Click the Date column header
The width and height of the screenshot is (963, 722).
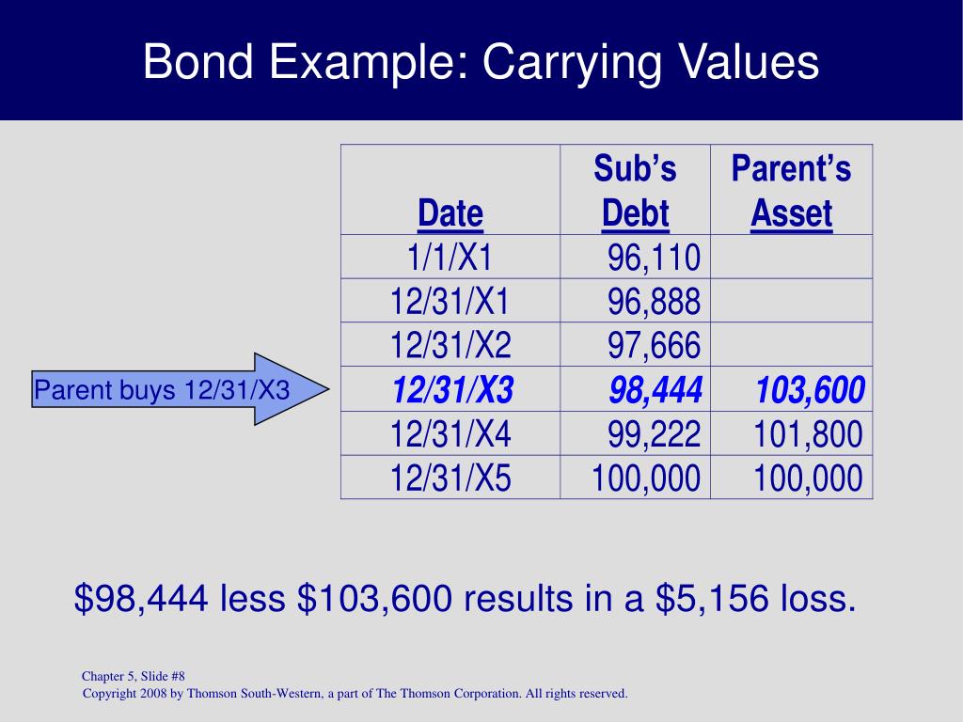450,213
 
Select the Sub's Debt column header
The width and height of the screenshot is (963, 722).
636,191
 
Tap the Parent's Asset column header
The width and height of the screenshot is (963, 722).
791,191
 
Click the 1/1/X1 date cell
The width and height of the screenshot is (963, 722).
450,257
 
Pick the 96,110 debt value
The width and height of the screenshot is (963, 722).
654,257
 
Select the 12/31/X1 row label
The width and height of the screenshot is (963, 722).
450,301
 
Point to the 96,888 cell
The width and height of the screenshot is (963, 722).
654,301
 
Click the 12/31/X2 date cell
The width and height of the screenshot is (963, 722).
450,345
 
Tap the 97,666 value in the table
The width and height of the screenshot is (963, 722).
654,345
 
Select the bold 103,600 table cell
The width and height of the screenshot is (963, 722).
809,389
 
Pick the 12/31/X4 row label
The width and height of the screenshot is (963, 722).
450,433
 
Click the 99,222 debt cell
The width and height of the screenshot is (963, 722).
654,433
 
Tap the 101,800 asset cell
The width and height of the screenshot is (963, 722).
807,433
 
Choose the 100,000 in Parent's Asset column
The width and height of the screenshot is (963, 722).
807,478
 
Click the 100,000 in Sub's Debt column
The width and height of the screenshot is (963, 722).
646,478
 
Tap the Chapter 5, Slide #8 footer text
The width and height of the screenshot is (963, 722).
139,676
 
